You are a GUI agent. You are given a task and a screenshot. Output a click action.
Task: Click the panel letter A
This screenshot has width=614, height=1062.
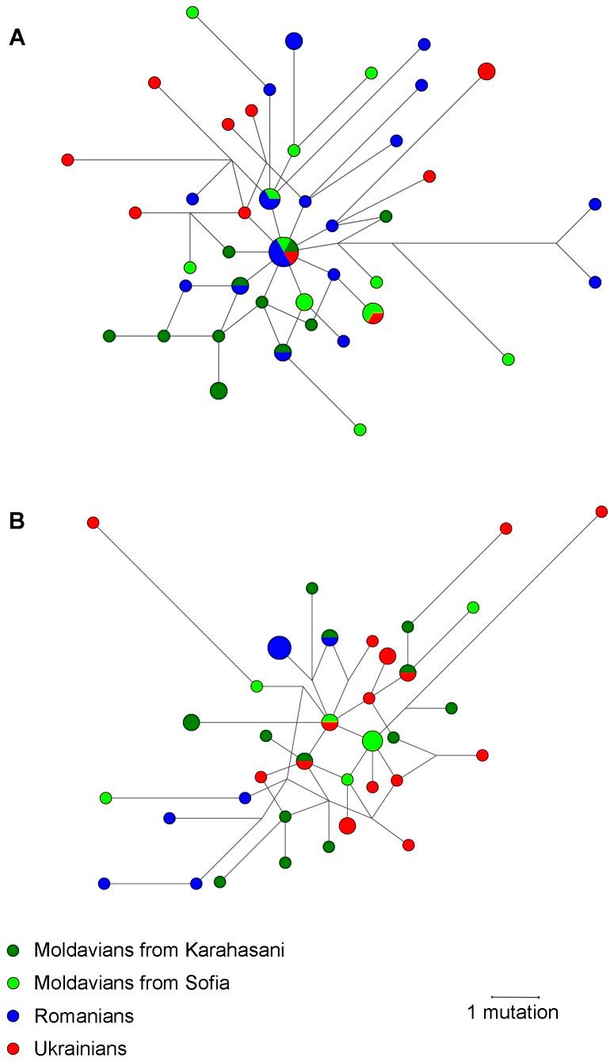pos(17,37)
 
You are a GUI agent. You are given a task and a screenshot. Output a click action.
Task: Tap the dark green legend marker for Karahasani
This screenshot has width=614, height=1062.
pos(13,950)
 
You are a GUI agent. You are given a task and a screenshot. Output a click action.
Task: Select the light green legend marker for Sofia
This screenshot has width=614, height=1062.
pos(13,984)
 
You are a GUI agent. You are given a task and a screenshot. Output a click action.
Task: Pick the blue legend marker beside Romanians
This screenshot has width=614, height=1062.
pos(13,1016)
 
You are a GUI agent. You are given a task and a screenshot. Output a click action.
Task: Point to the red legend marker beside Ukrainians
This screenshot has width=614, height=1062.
pos(13,1049)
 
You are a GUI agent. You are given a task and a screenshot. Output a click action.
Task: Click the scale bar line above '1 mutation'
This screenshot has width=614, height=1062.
pos(515,996)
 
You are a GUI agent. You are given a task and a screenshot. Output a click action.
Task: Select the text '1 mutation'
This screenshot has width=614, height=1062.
pos(513,1013)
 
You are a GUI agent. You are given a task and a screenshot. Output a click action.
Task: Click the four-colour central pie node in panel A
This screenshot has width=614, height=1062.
pos(284,252)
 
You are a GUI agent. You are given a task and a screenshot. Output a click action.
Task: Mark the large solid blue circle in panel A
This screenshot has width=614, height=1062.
pos(294,40)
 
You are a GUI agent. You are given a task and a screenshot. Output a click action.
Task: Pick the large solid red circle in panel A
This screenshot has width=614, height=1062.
pos(486,71)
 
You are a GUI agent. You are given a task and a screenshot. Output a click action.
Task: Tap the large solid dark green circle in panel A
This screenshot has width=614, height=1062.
pos(219,390)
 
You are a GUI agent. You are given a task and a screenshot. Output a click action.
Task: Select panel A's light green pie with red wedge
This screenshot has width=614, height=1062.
pos(373,313)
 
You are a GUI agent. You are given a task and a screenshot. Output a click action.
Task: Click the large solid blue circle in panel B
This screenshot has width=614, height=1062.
pos(279,648)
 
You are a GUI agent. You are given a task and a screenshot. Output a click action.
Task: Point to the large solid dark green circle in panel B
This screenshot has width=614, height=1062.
pos(191,722)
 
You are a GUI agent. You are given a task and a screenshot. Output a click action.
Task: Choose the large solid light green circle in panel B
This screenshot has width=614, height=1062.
pos(372,741)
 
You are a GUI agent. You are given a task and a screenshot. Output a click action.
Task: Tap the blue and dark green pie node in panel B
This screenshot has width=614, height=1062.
pos(330,637)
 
